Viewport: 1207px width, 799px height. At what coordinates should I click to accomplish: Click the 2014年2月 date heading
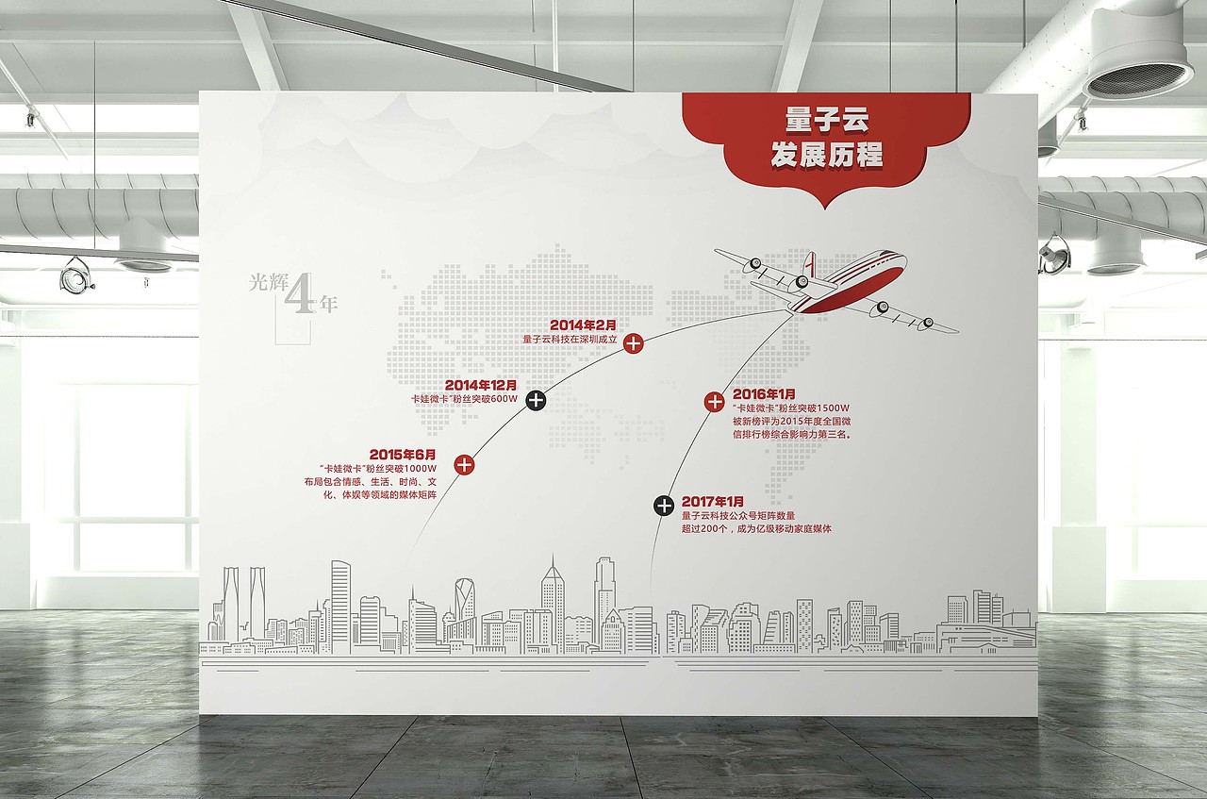pyautogui.click(x=583, y=325)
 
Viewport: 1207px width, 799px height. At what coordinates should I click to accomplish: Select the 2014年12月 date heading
pyautogui.click(x=481, y=386)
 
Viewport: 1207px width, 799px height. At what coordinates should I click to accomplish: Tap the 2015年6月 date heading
pyautogui.click(x=403, y=455)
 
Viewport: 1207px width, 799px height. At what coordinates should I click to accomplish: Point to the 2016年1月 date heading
pyautogui.click(x=764, y=394)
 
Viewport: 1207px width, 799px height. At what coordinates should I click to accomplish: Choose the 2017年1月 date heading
pyautogui.click(x=712, y=502)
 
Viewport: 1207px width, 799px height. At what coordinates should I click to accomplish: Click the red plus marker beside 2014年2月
pyautogui.click(x=633, y=342)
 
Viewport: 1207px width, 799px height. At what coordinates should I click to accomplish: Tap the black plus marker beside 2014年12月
pyautogui.click(x=536, y=400)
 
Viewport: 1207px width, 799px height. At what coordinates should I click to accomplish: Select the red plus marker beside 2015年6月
pyautogui.click(x=464, y=465)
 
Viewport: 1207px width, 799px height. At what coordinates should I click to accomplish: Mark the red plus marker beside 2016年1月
pyautogui.click(x=715, y=402)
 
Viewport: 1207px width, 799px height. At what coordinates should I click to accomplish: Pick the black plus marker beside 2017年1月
pyautogui.click(x=664, y=506)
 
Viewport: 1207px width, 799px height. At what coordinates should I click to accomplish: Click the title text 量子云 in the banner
pyautogui.click(x=827, y=120)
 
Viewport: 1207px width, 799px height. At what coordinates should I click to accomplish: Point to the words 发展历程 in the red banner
pyautogui.click(x=827, y=155)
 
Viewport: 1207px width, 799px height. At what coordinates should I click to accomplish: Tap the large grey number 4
pyautogui.click(x=299, y=293)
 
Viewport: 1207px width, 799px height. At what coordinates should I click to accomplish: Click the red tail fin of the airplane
pyautogui.click(x=809, y=265)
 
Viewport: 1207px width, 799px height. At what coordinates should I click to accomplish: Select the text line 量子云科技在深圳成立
pyautogui.click(x=570, y=340)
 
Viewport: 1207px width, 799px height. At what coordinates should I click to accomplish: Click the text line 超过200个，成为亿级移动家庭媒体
pyautogui.click(x=756, y=529)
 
